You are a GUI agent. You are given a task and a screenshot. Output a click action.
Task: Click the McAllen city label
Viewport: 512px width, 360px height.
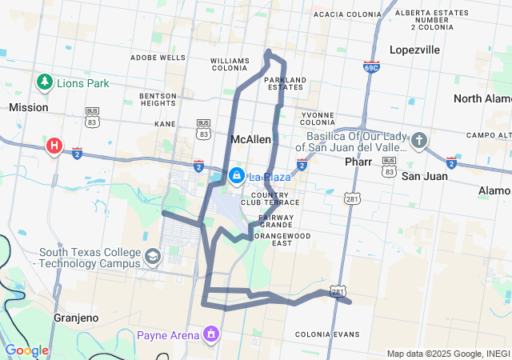coord(250,139)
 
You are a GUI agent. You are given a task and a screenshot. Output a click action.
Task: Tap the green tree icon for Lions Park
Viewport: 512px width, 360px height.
coord(44,82)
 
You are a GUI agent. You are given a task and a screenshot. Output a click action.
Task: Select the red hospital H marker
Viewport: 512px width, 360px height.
coord(54,146)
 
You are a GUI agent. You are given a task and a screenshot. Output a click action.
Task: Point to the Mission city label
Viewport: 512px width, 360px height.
coord(28,107)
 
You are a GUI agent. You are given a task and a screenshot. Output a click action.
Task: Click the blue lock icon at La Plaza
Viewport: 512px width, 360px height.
coord(237,175)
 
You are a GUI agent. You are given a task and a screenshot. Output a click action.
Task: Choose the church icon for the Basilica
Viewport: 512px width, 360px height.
coord(419,142)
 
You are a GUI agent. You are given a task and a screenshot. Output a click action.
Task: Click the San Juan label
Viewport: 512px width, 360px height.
coord(424,175)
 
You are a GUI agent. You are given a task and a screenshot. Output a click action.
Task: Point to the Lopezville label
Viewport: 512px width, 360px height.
coord(414,50)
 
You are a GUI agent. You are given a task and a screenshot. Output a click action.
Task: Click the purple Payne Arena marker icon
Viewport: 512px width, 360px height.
coord(211,333)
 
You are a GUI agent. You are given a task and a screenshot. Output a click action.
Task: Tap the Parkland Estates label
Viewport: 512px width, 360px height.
coord(284,83)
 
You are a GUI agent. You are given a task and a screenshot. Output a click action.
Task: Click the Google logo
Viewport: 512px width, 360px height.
coord(26,350)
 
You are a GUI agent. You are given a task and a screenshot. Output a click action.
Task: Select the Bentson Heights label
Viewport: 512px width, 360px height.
coord(157,99)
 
